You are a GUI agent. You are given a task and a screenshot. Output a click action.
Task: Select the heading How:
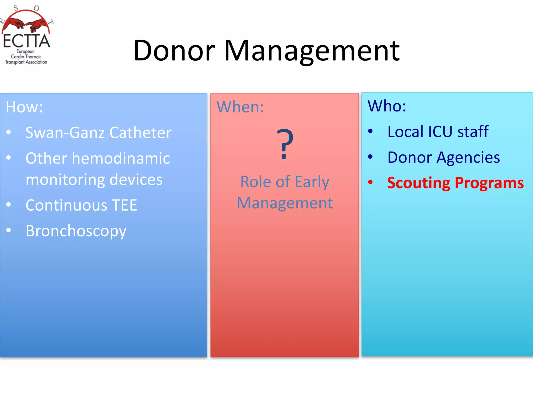pyautogui.click(x=24, y=107)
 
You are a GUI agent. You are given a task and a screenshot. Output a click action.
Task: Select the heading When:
pyautogui.click(x=240, y=107)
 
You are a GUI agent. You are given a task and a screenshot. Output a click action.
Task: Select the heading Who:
pyautogui.click(x=386, y=106)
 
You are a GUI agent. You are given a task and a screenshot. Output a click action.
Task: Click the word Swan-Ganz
pyautogui.click(x=65, y=133)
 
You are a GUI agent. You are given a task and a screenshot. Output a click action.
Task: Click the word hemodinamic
pyautogui.click(x=121, y=158)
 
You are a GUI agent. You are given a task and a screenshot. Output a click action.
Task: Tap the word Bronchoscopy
pyautogui.click(x=76, y=231)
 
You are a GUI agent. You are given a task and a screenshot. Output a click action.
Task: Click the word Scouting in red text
pyautogui.click(x=418, y=183)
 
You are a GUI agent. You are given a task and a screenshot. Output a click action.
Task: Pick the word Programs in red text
pyautogui.click(x=489, y=183)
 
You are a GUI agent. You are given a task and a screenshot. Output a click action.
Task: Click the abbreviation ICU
pyautogui.click(x=440, y=132)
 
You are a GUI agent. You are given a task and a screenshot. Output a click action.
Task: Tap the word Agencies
pyautogui.click(x=468, y=157)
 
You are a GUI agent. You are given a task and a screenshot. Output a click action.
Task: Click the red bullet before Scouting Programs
pyautogui.click(x=370, y=182)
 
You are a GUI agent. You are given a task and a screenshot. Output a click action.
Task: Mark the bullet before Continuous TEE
pyautogui.click(x=9, y=205)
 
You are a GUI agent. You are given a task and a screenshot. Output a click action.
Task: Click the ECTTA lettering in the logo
pyautogui.click(x=26, y=41)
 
